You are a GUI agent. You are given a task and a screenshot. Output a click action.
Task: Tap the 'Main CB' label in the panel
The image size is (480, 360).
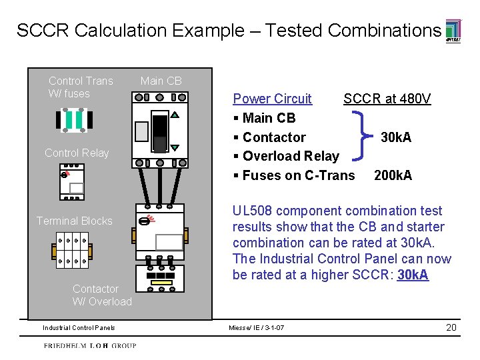[x=161, y=81]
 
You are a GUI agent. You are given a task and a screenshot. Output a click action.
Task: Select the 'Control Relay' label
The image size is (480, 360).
[x=77, y=153]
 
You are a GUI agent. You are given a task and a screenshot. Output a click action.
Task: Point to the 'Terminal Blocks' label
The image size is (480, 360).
[x=74, y=221]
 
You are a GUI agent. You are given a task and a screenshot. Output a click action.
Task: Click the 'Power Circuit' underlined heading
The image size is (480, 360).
[x=272, y=99]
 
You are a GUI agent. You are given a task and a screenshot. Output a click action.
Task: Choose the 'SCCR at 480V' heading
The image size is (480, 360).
[x=387, y=99]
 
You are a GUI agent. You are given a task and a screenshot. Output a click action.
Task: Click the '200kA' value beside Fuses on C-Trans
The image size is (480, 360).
[x=393, y=175]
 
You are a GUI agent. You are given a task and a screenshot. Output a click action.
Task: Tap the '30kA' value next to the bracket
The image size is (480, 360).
[x=395, y=137]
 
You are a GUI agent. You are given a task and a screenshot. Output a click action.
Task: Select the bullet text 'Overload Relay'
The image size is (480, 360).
[x=291, y=156]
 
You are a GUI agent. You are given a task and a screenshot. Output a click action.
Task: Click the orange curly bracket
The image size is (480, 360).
[x=365, y=137]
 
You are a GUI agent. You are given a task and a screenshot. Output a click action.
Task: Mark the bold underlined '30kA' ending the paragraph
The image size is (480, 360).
[x=413, y=275]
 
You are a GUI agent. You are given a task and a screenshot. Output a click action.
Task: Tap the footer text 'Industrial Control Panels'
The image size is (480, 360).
[x=79, y=328]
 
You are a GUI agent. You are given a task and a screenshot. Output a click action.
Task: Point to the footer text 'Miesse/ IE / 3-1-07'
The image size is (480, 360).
[x=256, y=328]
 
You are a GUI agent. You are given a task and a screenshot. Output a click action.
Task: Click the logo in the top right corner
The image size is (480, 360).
[x=452, y=31]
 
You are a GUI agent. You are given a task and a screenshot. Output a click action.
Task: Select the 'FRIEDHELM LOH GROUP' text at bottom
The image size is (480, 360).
[x=90, y=346]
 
